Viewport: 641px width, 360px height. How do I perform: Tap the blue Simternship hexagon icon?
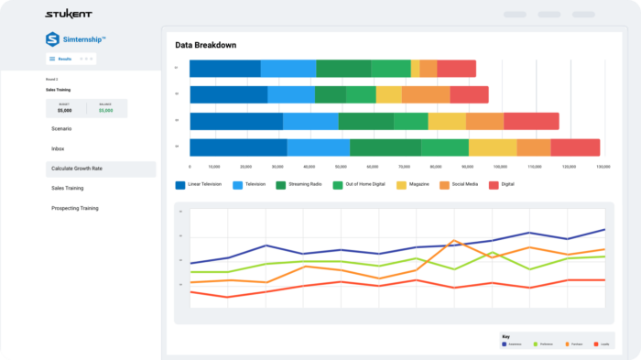pos(52,39)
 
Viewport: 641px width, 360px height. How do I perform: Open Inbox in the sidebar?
pos(58,148)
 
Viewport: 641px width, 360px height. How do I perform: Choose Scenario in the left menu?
pos(61,128)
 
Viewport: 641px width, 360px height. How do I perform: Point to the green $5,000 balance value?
pos(106,111)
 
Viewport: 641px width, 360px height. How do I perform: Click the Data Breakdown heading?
pos(206,45)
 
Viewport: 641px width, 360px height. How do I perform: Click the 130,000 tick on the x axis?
pos(603,167)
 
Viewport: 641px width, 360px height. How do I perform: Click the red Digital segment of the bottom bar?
pos(575,147)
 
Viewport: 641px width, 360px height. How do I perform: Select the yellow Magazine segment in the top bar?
pos(415,69)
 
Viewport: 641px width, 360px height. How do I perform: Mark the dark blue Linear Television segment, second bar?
pos(228,95)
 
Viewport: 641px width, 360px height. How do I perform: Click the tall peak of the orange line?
pos(454,241)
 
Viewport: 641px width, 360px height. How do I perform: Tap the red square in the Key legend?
pos(596,344)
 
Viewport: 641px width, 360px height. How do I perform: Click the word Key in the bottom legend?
pos(505,336)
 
